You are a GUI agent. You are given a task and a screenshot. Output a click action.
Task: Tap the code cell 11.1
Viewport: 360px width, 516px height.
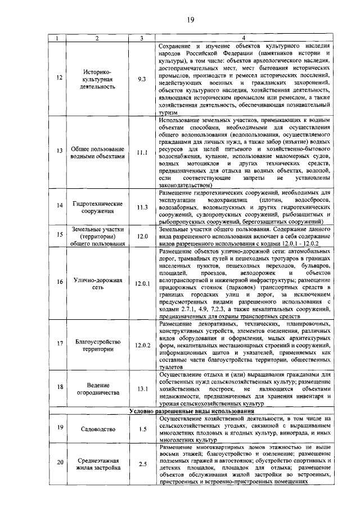(x=142, y=153)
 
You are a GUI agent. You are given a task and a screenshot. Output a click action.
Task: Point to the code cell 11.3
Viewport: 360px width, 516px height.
(x=142, y=207)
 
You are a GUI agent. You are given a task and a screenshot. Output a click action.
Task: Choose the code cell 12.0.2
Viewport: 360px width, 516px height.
(x=142, y=344)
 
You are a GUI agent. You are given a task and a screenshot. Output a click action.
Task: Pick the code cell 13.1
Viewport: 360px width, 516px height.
(x=142, y=389)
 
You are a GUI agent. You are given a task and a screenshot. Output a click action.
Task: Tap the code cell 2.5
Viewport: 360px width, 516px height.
(x=142, y=464)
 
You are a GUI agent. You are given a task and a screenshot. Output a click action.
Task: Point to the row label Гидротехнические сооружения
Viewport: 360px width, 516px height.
(x=97, y=207)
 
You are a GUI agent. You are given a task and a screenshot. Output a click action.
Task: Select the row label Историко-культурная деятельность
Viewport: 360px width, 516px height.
(x=97, y=79)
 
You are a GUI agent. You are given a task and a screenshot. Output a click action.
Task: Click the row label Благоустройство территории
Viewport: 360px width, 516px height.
(x=97, y=344)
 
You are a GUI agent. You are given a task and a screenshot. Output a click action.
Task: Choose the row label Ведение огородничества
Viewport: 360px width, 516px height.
(x=97, y=389)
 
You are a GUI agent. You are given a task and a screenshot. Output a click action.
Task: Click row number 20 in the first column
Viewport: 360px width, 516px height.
(x=60, y=464)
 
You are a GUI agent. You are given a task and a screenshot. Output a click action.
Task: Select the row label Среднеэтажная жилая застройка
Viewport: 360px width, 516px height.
(x=97, y=464)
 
